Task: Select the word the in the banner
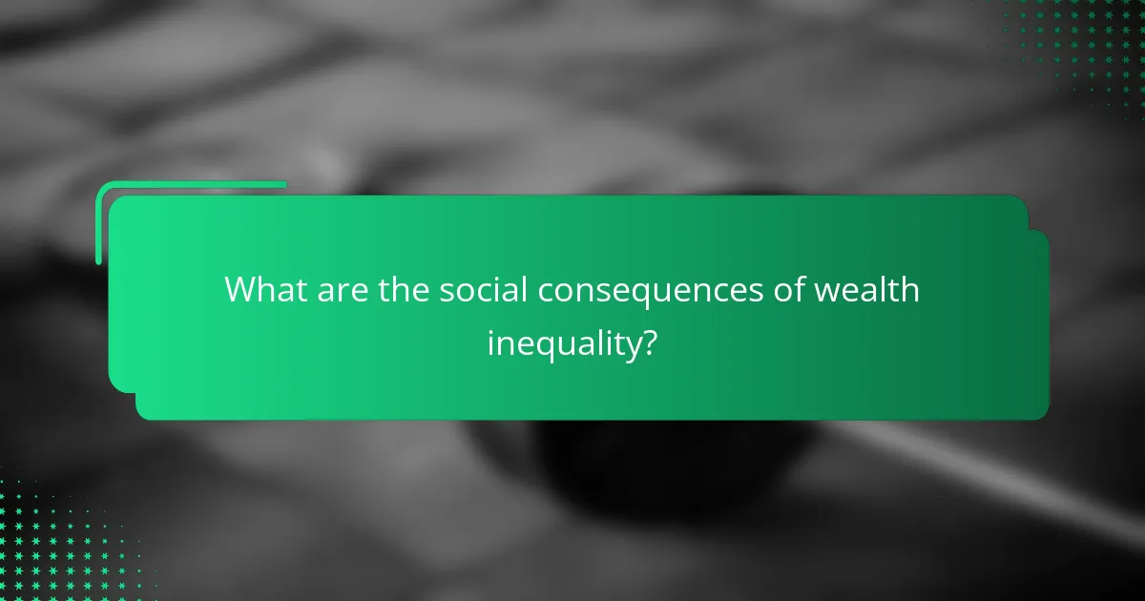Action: [x=404, y=290]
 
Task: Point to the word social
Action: [x=483, y=290]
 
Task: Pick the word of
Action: [x=789, y=290]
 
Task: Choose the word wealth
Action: [x=867, y=290]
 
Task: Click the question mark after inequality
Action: [x=649, y=342]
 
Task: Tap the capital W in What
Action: [x=241, y=290]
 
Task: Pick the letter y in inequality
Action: [x=632, y=349]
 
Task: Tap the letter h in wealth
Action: [x=909, y=290]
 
